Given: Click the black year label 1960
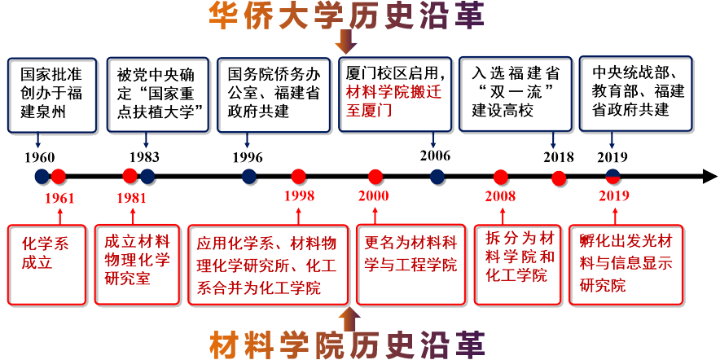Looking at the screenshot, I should [x=40, y=157].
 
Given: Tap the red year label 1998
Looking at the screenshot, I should [x=299, y=195].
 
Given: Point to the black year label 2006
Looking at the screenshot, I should [x=435, y=156].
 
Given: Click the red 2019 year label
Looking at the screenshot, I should [x=613, y=195].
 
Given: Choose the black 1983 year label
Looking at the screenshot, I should [x=144, y=157].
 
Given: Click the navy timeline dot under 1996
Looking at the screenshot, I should [x=249, y=176].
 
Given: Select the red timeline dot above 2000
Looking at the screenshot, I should [x=375, y=176].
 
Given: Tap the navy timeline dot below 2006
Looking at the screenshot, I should [x=437, y=176].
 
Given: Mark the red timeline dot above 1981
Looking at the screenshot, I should [x=130, y=175].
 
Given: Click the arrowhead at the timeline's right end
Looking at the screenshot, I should [x=709, y=177].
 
